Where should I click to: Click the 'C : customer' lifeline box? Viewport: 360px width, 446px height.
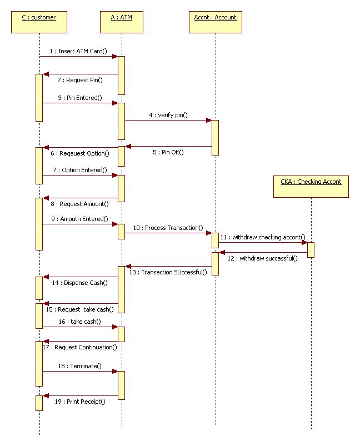[39, 22]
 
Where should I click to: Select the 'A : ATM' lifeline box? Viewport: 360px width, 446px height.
[121, 22]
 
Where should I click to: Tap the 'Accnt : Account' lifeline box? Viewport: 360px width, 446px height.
[215, 22]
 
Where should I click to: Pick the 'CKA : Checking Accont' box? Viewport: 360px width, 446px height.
[311, 186]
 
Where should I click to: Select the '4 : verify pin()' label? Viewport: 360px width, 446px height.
[168, 116]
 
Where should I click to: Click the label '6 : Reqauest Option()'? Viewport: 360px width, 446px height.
[83, 153]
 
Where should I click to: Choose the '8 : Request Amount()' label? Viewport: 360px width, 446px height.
[84, 204]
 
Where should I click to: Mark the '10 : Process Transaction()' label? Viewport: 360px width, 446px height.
[168, 228]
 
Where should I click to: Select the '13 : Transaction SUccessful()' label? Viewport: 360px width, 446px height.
[168, 272]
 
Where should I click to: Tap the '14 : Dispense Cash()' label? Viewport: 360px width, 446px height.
[83, 283]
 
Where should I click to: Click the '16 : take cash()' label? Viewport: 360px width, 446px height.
[79, 322]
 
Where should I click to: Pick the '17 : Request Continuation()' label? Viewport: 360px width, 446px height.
[80, 347]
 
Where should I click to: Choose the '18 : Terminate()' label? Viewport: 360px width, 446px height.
[79, 366]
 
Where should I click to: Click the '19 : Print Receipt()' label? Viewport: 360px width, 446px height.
[80, 401]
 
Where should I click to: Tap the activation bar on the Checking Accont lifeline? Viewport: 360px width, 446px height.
[311, 249]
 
